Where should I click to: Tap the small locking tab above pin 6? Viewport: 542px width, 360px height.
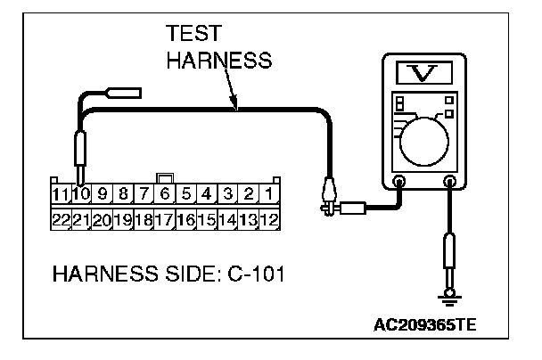point(164,178)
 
